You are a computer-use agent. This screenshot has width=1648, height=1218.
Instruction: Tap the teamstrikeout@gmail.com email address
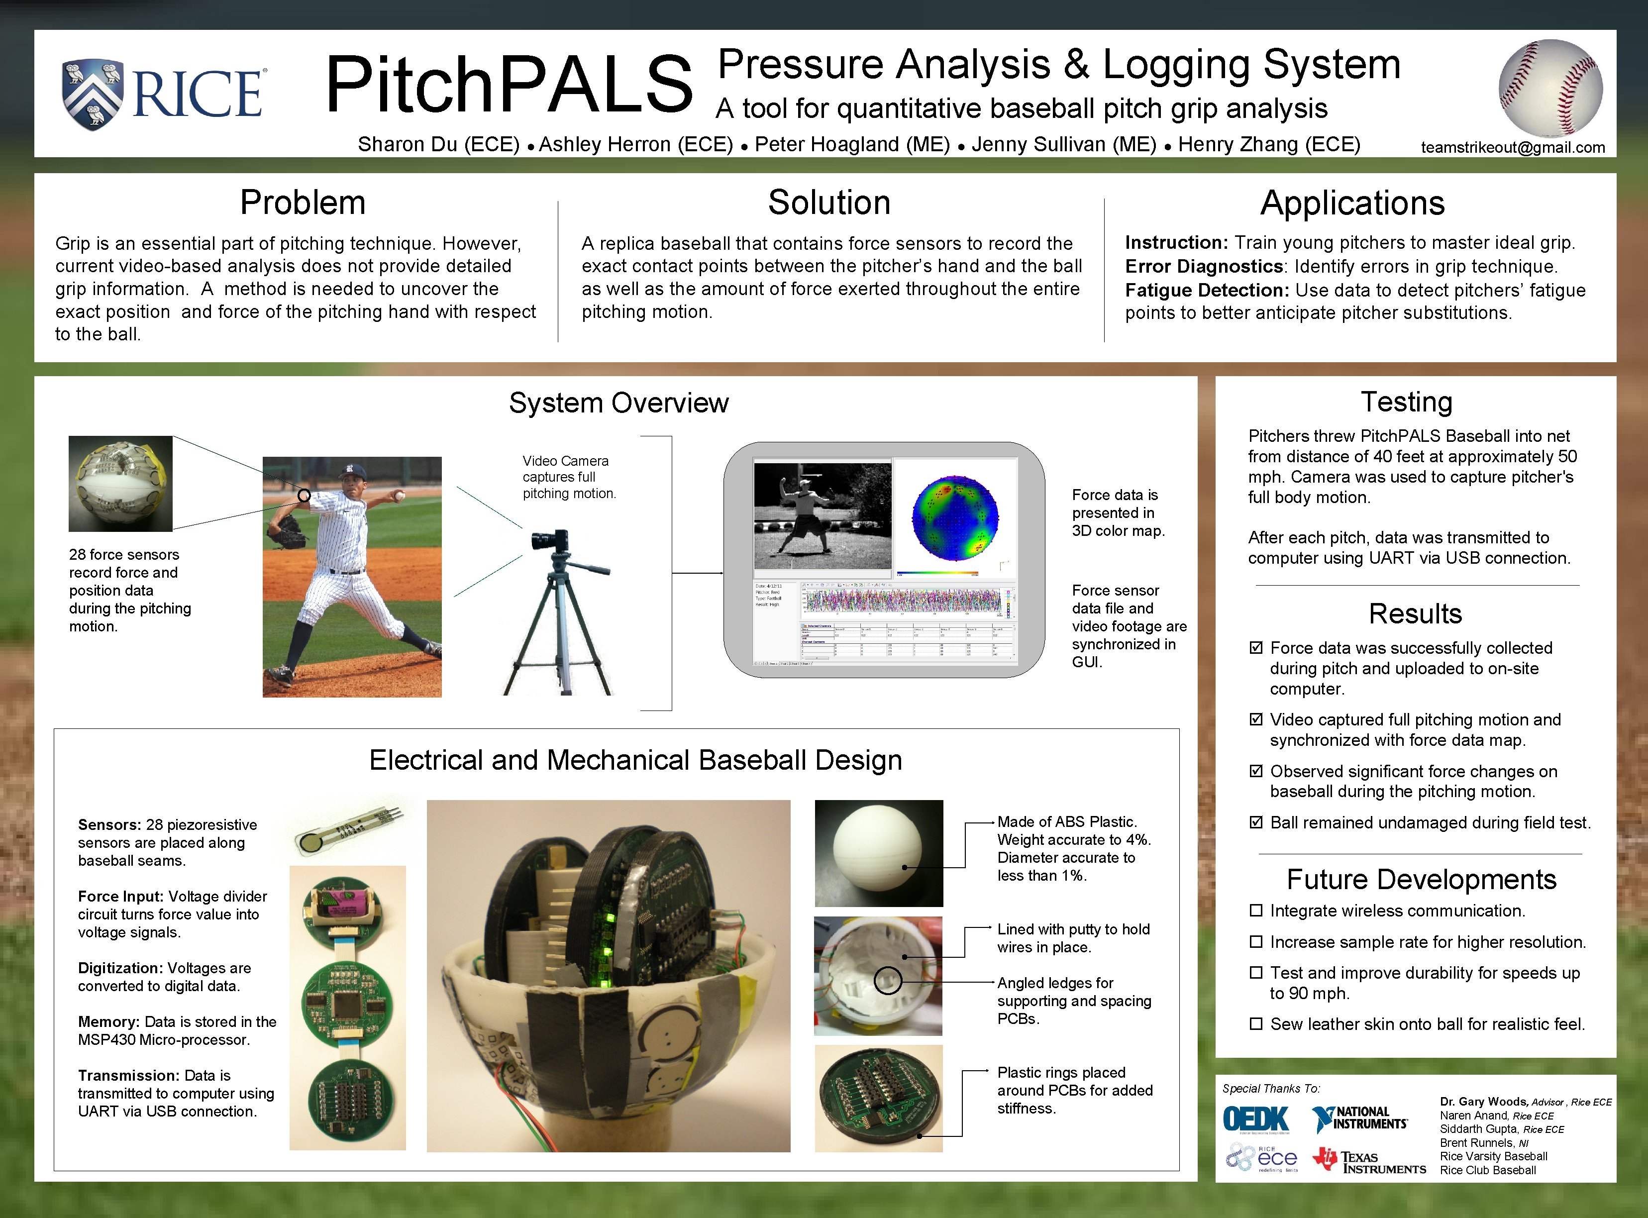coord(1512,147)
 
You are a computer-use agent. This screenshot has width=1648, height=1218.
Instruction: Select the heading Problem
coord(303,203)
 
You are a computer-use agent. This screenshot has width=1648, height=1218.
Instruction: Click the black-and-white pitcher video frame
coord(822,515)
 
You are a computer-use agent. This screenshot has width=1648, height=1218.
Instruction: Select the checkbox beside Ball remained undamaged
coord(1256,822)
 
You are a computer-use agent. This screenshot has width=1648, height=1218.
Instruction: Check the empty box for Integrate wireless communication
coord(1256,911)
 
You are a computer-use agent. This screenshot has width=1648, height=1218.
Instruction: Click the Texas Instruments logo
coord(1368,1161)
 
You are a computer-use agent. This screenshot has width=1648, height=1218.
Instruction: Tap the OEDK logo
coord(1256,1118)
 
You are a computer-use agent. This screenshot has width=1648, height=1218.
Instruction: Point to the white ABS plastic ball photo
coord(878,853)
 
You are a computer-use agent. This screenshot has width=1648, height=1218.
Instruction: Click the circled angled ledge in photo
coord(888,980)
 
